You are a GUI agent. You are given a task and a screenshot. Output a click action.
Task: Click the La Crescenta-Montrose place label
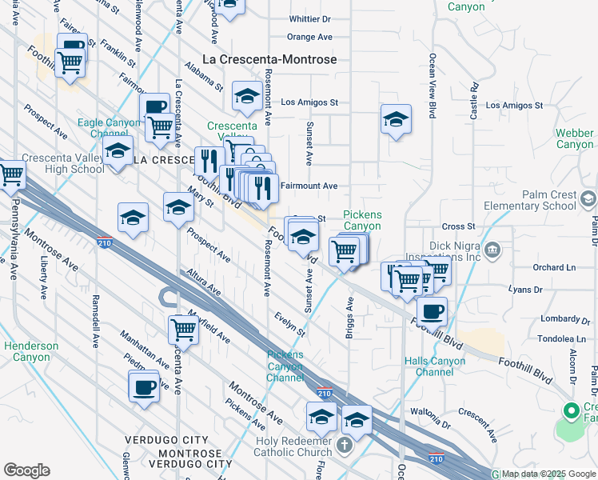269,59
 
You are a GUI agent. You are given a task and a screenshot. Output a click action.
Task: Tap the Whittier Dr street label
309,18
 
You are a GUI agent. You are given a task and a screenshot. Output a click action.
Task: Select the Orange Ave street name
309,37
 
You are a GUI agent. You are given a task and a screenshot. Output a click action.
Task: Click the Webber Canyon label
575,138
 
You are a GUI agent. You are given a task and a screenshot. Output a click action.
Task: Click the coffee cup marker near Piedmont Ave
144,387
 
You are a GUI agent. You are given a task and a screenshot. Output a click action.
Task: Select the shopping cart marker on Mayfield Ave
183,328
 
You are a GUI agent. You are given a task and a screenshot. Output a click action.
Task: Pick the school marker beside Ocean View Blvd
395,119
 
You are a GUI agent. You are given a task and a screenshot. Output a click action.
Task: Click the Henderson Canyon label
31,351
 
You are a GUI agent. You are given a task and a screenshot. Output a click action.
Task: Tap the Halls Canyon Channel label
435,366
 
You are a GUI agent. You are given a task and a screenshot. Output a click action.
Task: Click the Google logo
26,470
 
